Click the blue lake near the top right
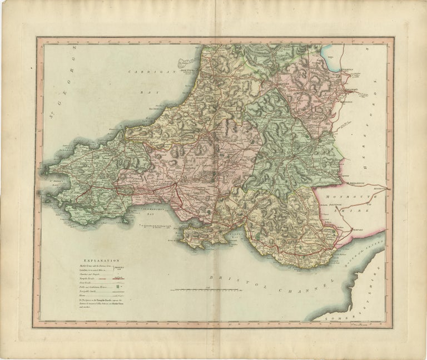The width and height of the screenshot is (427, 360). [x=328, y=53]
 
